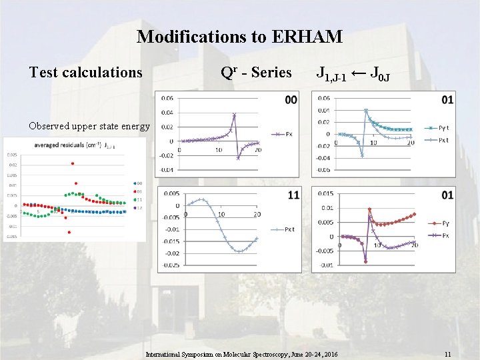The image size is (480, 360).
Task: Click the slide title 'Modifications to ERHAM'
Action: (239, 37)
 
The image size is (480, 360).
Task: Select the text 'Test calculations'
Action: (86, 72)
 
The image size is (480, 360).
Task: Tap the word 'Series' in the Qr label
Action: (271, 72)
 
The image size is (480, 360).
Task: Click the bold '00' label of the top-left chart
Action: (291, 101)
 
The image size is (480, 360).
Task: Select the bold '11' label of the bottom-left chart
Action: (293, 195)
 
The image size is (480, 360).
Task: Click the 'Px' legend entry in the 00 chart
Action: (285, 135)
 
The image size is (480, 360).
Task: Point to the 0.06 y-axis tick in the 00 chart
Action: (167, 98)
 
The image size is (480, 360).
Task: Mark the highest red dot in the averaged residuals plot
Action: (72, 163)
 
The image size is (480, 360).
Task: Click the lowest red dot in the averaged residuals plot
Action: (69, 232)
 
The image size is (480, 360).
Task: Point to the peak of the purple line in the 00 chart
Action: (234, 115)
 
